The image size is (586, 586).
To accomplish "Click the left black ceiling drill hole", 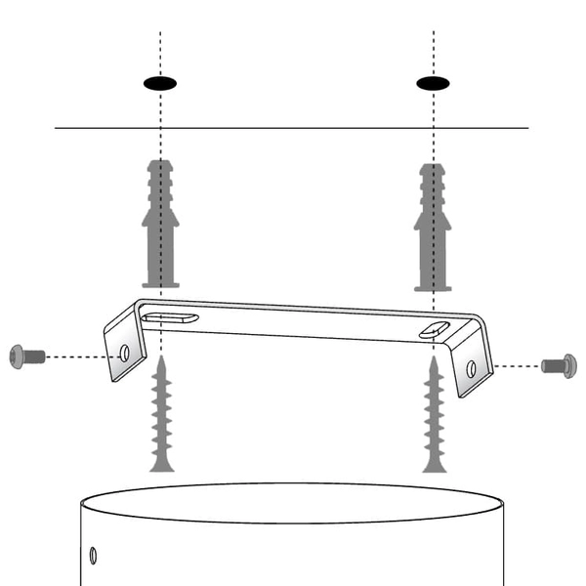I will click(x=160, y=83).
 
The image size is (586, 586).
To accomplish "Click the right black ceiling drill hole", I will click(x=434, y=83).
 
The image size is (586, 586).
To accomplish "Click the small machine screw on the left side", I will click(x=27, y=356).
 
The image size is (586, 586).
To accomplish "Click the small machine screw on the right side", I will click(x=559, y=366).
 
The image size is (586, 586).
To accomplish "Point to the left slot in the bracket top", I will click(x=168, y=317).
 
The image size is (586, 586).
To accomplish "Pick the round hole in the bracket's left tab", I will click(x=124, y=353).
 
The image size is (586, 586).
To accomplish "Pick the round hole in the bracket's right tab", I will click(x=471, y=368).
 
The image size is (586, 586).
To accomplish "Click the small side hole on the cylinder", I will click(x=93, y=556).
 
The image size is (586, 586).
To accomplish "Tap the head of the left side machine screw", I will click(x=16, y=356).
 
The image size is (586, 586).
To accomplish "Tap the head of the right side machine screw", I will click(x=570, y=366).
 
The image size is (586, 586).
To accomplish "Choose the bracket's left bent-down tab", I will click(x=118, y=348).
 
